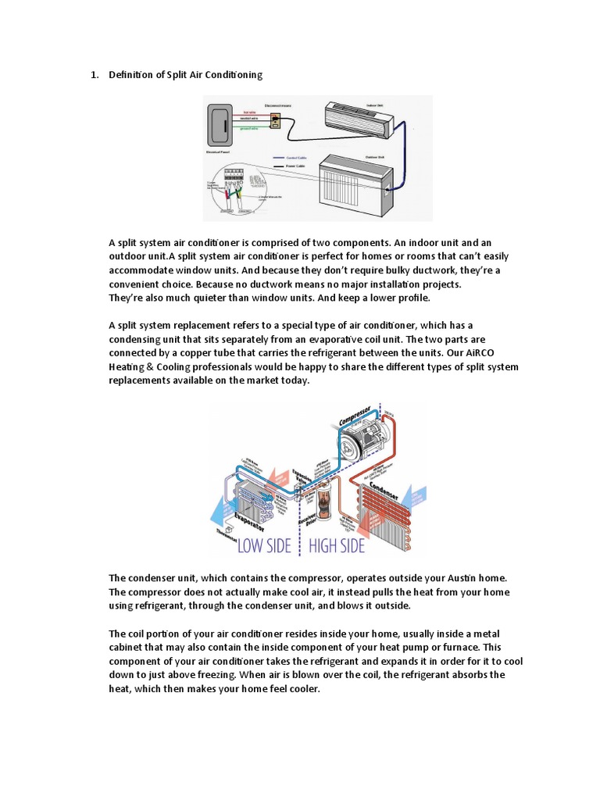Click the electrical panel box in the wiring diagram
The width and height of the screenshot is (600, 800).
click(217, 125)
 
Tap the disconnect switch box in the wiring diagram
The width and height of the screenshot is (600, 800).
click(274, 120)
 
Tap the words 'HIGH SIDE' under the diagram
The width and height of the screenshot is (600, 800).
click(337, 545)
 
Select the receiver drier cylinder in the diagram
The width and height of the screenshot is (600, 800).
click(328, 512)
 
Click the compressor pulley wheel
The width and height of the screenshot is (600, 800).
click(366, 442)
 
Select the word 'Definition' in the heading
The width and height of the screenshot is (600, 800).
click(131, 75)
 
